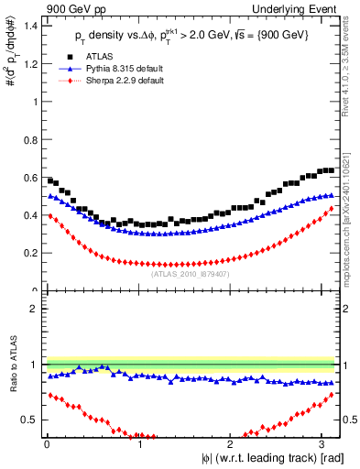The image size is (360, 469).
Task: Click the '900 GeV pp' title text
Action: click(74, 8)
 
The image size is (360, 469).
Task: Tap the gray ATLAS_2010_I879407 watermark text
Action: click(191, 273)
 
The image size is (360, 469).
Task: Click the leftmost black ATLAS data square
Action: click(50, 180)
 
